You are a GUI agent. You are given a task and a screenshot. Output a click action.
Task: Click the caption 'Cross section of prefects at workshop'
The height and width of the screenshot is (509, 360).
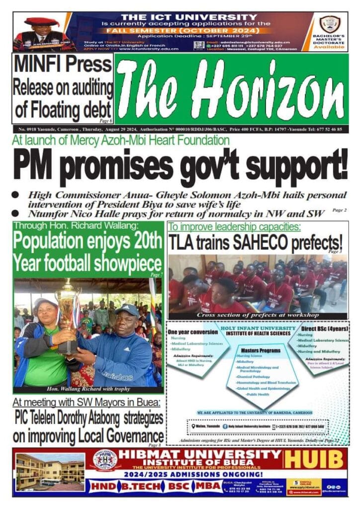point(257,315)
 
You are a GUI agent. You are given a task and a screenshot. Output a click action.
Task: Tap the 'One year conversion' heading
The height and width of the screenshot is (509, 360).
point(190,332)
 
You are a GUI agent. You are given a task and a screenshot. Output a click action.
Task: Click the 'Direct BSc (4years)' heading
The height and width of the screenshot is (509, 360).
point(323,329)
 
